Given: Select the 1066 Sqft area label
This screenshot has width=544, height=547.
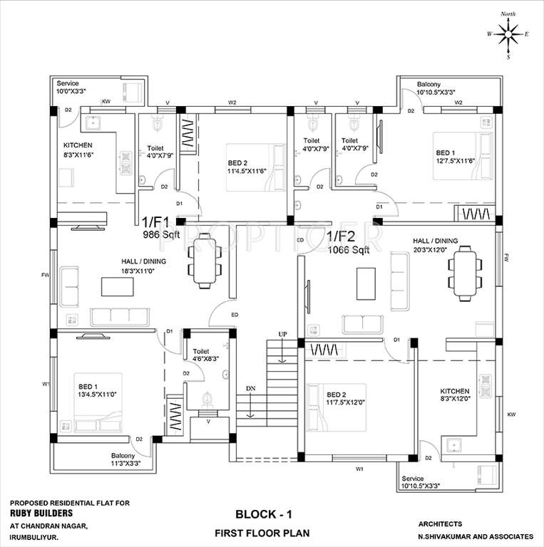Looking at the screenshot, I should tap(349, 249).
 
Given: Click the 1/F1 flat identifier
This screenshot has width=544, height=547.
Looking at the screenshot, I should tap(156, 222).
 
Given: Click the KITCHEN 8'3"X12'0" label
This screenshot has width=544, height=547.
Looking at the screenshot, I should tap(454, 396).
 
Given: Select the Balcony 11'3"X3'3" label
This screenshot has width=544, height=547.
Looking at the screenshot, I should tap(125, 460).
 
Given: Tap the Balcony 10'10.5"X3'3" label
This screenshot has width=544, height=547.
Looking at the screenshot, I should tap(436, 88).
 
